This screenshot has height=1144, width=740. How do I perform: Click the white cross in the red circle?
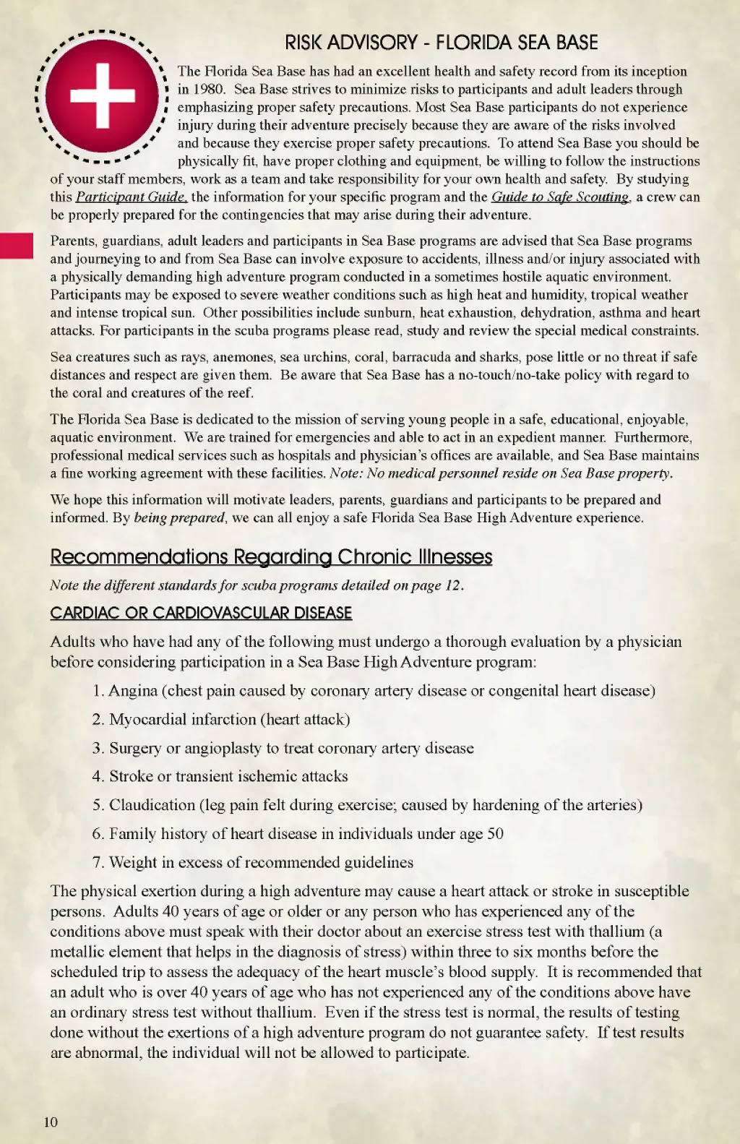click(x=102, y=95)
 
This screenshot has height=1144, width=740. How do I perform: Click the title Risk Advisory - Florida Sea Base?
click(x=441, y=43)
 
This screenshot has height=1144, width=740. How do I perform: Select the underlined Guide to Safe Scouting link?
click(x=560, y=197)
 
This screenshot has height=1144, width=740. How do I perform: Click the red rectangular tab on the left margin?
click(x=16, y=246)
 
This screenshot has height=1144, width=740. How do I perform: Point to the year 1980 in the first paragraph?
click(x=208, y=89)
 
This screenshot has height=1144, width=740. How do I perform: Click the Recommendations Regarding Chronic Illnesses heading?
click(x=271, y=556)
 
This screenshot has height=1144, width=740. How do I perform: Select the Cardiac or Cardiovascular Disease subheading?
click(x=201, y=613)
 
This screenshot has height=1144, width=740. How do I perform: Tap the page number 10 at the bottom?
click(x=51, y=1122)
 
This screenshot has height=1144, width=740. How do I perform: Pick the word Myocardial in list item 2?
click(x=146, y=719)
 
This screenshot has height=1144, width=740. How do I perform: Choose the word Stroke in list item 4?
click(x=131, y=776)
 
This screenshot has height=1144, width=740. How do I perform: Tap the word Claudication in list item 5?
click(x=152, y=805)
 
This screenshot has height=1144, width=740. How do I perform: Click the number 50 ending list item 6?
click(x=495, y=833)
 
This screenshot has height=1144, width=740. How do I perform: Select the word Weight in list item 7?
click(x=133, y=862)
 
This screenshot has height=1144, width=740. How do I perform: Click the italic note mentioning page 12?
click(x=257, y=585)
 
